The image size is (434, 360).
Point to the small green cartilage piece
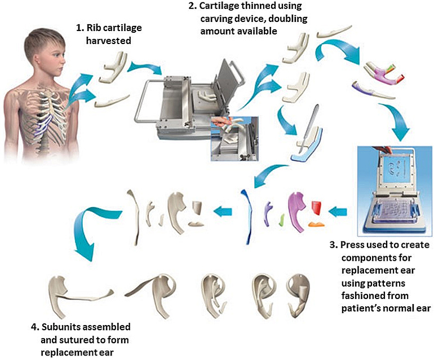click(281, 217)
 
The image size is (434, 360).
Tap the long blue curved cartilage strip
click(247, 214)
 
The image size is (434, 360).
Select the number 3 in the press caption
click(333, 245)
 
